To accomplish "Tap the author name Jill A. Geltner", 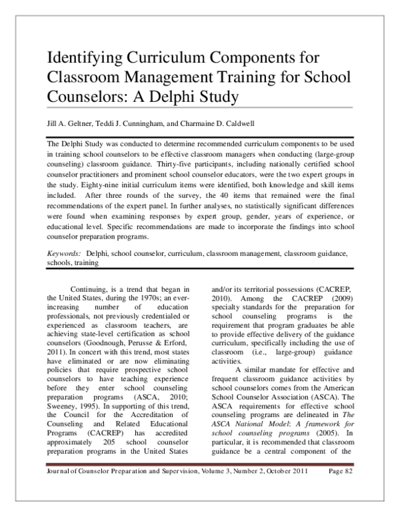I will point(71,124).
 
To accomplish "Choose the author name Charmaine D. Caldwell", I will point(235,124).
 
